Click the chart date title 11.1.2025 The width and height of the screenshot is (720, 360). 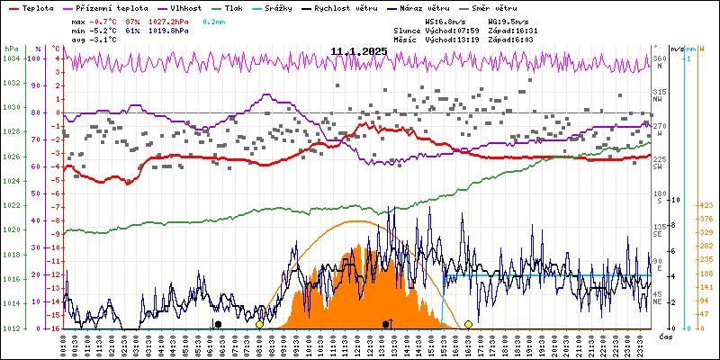tap(358, 51)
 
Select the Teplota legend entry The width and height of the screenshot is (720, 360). tap(36, 7)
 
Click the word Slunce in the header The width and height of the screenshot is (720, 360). tap(410, 30)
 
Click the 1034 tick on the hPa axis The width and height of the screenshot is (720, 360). tap(11, 58)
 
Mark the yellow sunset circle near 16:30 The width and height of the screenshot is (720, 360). tap(468, 324)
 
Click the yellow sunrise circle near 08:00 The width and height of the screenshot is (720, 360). tap(259, 324)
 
